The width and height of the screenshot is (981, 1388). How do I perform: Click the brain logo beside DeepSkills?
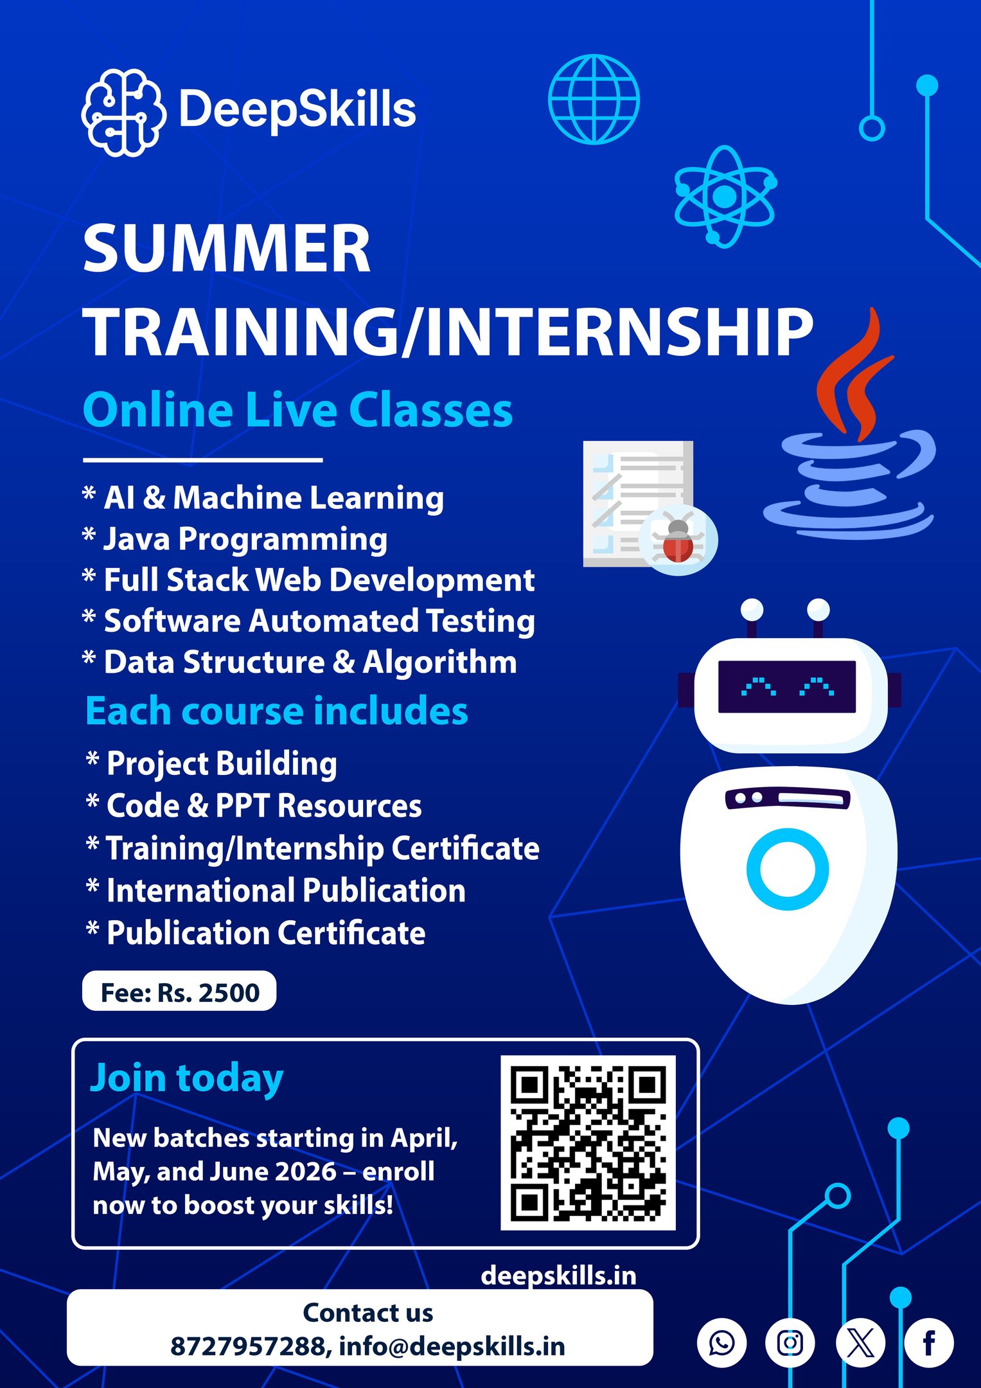pos(123,112)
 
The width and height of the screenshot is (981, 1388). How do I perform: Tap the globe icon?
pos(594,99)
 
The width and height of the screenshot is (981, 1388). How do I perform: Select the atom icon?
pos(725,197)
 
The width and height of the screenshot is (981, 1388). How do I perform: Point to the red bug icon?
pos(678,540)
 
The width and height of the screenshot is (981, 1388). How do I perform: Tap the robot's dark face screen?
pos(787,686)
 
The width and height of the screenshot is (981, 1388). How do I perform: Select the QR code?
pos(588,1143)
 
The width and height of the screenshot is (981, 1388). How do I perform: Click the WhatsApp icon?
pos(721,1343)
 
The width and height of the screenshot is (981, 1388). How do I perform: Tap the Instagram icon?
pos(790,1343)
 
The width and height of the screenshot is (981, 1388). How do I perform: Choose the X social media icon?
pos(860,1343)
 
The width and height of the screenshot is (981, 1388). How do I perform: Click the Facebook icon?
pos(929,1343)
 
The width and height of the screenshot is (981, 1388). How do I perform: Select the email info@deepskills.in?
pos(452,1346)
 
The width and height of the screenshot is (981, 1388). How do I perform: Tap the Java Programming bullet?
pos(235,539)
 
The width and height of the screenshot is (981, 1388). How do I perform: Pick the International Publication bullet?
pos(276,891)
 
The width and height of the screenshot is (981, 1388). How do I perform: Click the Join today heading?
pos(186,1078)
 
